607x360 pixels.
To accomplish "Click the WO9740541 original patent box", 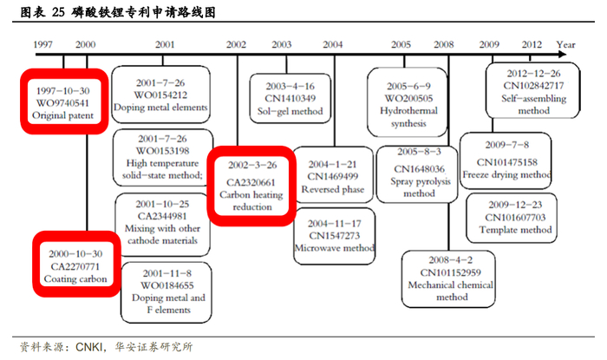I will coord(62,101).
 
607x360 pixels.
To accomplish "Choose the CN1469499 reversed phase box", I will coord(332,176).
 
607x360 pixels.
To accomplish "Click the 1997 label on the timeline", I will coord(42,43).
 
